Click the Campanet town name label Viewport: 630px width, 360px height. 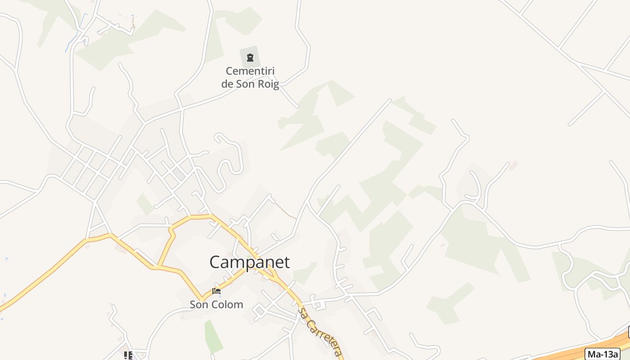point(250,262)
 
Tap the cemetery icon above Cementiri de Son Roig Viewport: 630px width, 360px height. point(250,58)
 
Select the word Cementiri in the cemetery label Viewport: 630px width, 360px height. point(250,71)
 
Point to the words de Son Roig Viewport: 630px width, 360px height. point(250,84)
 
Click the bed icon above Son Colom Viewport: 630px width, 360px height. point(216,291)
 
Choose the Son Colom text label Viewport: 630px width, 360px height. point(216,305)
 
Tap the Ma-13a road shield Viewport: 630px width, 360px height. point(602,354)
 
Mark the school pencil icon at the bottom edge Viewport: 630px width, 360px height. point(128,355)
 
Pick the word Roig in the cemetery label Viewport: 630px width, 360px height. point(268,84)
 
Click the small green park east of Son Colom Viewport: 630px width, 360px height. point(213,335)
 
